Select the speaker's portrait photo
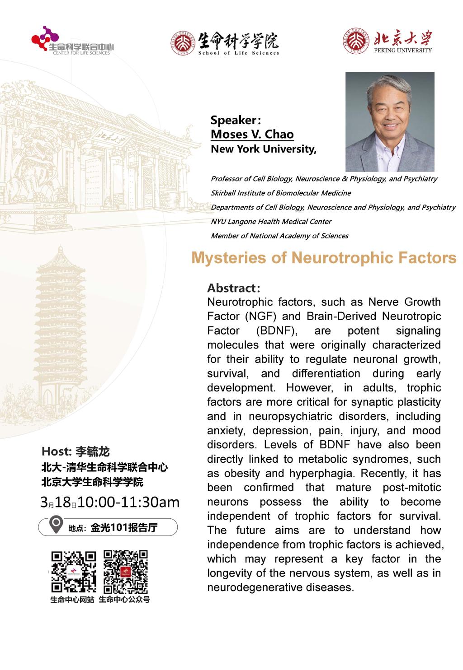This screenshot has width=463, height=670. click(x=389, y=121)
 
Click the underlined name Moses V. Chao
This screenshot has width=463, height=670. click(x=252, y=135)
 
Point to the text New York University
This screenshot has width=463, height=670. click(x=263, y=149)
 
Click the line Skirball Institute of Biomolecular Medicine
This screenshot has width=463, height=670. click(x=280, y=193)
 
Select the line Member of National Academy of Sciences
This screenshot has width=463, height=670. click(x=279, y=236)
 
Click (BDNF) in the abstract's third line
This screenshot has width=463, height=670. click(x=277, y=330)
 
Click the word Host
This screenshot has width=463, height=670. click(x=55, y=451)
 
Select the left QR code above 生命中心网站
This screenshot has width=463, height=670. click(x=73, y=571)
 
